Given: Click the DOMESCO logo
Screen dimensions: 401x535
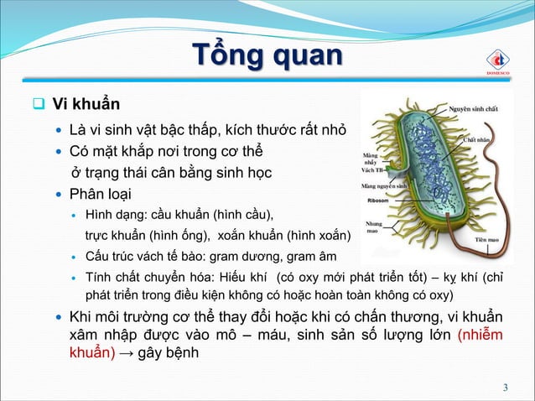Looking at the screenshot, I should (500, 60).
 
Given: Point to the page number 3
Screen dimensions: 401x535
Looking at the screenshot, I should (506, 387).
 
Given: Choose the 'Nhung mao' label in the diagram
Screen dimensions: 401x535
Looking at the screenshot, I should (374, 228).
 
